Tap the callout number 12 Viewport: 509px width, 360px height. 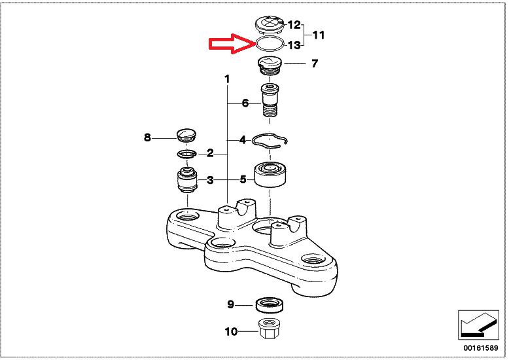294,25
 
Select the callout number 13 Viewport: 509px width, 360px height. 294,45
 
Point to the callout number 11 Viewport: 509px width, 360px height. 318,35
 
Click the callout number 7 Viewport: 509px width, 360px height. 315,63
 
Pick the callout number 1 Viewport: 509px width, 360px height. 227,79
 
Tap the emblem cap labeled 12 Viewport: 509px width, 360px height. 269,26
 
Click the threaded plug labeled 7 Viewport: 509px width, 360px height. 270,66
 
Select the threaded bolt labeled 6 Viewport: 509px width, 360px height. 270,101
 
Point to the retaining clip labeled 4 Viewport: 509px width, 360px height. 270,140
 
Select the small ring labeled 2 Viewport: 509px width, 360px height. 186,154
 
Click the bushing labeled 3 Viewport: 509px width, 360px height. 187,180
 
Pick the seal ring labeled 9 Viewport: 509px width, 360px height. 270,304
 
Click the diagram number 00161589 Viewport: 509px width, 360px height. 480,348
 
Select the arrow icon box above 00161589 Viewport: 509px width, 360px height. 478,325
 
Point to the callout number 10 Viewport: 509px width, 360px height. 231,332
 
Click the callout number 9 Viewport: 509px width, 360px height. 230,304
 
